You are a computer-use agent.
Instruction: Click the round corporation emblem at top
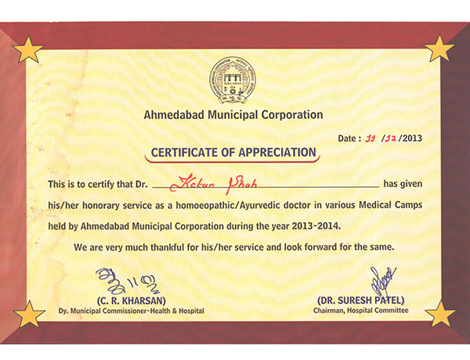233,83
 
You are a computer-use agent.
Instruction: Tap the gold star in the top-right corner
439,50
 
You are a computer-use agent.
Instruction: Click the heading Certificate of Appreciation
233,152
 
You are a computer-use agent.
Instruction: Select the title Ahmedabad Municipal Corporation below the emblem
233,114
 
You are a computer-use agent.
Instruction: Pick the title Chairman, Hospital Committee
363,311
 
